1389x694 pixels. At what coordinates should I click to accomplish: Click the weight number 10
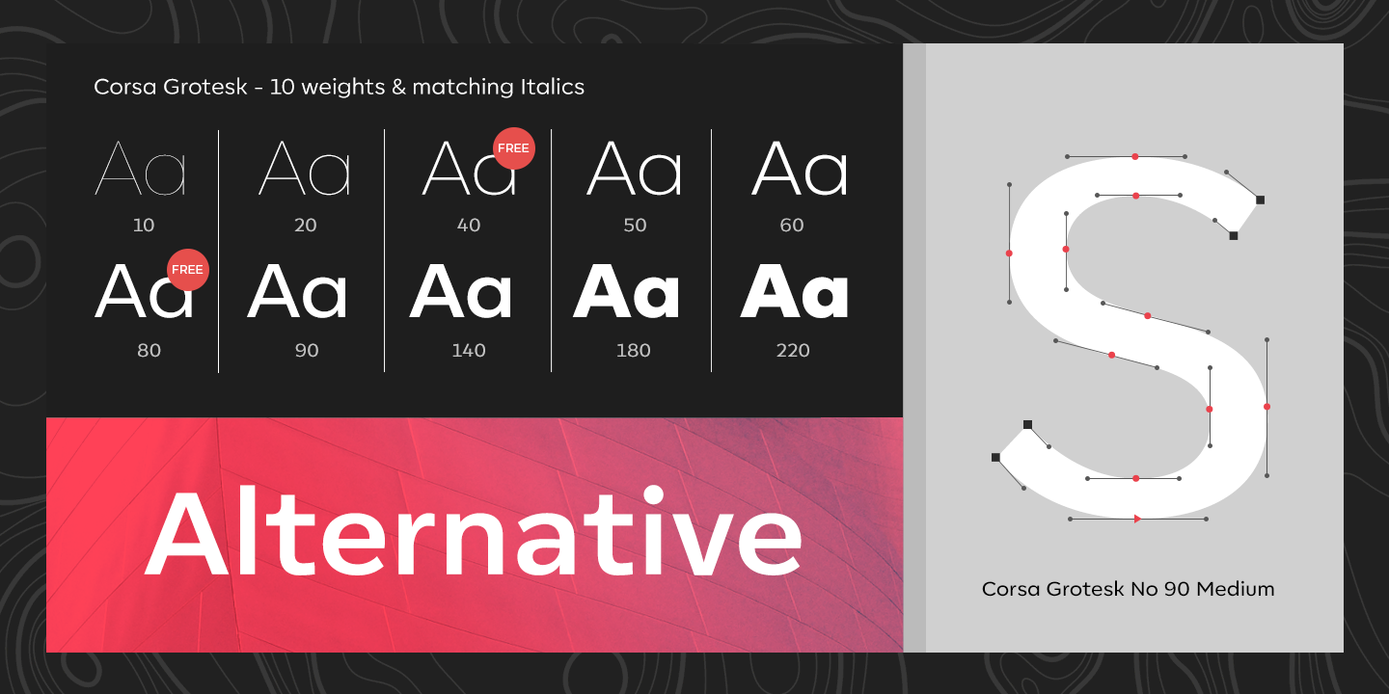pyautogui.click(x=143, y=225)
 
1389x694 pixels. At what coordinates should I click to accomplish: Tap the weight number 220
pyautogui.click(x=793, y=351)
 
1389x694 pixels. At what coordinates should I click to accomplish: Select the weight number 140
pyautogui.click(x=468, y=351)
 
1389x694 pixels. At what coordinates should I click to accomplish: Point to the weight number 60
pyautogui.click(x=791, y=225)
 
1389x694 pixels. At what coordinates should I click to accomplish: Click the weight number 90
pyautogui.click(x=307, y=351)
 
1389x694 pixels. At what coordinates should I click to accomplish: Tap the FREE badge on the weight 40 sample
pyautogui.click(x=514, y=148)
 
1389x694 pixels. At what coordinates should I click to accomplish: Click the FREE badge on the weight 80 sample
pyautogui.click(x=188, y=270)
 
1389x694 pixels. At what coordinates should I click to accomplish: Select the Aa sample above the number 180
pyautogui.click(x=626, y=291)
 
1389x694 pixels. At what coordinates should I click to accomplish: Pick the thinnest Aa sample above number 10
pyautogui.click(x=140, y=168)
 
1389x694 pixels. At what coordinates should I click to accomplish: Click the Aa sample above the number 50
pyautogui.click(x=634, y=168)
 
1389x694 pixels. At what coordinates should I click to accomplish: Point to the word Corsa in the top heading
pyautogui.click(x=124, y=87)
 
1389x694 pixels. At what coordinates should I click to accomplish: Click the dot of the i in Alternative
pyautogui.click(x=654, y=495)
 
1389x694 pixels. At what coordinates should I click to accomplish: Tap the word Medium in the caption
pyautogui.click(x=1236, y=589)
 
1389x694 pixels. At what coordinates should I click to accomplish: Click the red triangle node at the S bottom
pyautogui.click(x=1137, y=519)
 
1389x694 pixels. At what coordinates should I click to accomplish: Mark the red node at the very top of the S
pyautogui.click(x=1135, y=157)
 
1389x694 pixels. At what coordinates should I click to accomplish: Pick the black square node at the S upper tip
pyautogui.click(x=1260, y=200)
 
